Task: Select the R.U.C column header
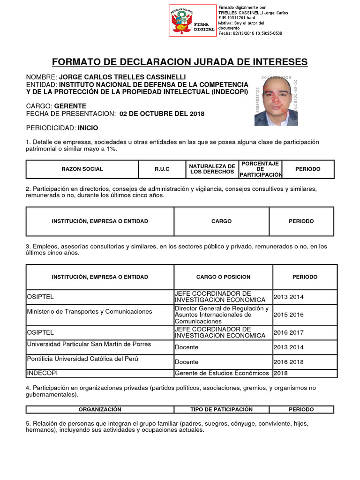tap(162, 169)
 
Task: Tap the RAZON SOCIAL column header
tap(82, 169)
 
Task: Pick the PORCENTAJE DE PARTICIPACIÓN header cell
tap(261, 169)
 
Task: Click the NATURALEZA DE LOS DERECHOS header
tap(212, 169)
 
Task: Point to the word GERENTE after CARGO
tap(70, 106)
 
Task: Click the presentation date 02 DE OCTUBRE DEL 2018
tap(162, 114)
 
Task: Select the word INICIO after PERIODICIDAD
tap(88, 128)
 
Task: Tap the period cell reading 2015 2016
tap(288, 315)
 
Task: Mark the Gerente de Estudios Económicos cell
tap(223, 373)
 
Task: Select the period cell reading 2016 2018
tap(288, 362)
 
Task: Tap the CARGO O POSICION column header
tap(223, 277)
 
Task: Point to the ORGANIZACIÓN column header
tap(100, 409)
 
